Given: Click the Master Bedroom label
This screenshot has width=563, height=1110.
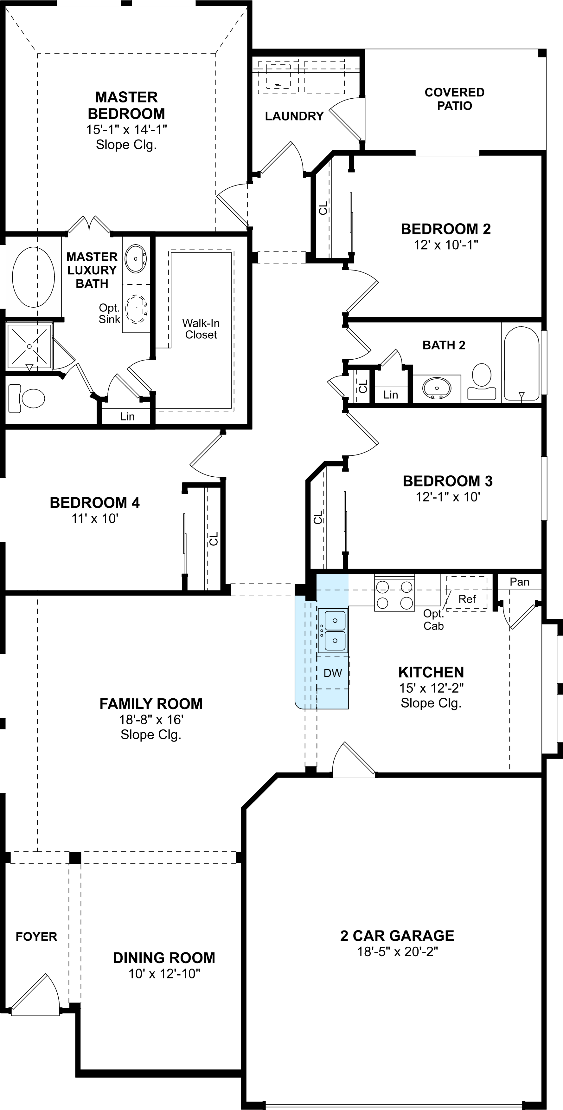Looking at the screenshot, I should click(x=126, y=105).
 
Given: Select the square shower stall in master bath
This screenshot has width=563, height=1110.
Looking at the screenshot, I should click(x=29, y=346).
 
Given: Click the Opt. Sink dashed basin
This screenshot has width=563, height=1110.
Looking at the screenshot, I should click(x=137, y=309).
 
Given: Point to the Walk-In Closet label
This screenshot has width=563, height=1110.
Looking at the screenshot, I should click(x=201, y=329).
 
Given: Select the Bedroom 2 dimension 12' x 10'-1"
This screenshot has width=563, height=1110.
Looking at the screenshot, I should click(x=446, y=245).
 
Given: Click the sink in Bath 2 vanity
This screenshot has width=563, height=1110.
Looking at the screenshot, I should click(x=437, y=388).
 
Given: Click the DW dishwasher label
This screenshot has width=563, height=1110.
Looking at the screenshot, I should click(x=333, y=673).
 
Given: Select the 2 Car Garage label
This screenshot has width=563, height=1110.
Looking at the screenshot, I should click(x=397, y=936).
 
